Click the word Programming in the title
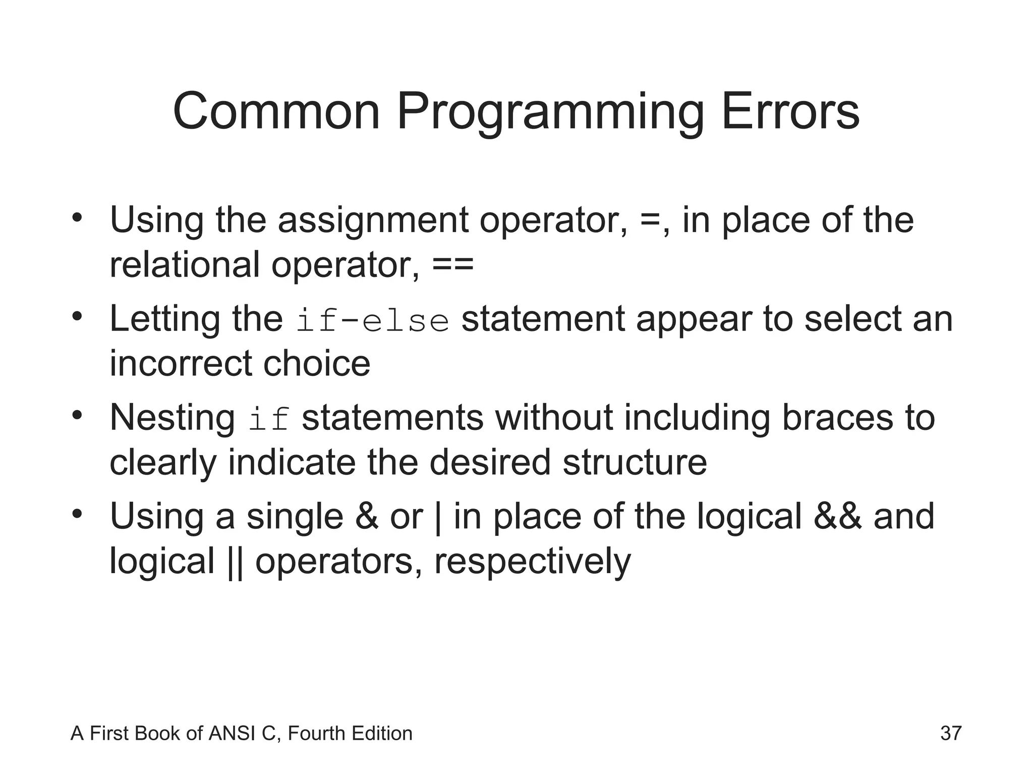coord(550,112)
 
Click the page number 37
coord(951,733)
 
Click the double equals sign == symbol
coord(453,264)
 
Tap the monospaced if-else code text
coord(372,321)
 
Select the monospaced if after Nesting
coord(269,420)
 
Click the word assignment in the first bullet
coord(373,221)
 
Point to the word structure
coord(635,462)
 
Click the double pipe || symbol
coord(232,562)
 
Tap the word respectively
coord(532,562)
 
